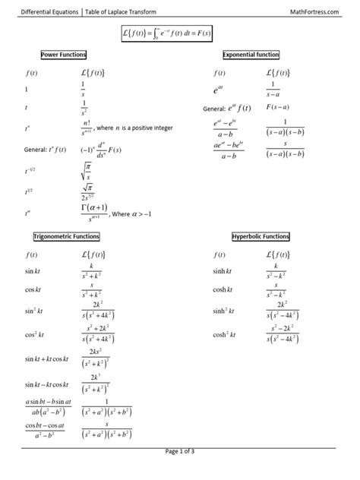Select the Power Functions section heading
64,55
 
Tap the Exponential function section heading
251,55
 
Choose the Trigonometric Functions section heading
67,237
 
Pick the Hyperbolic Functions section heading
260,237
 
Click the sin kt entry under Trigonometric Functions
33,271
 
